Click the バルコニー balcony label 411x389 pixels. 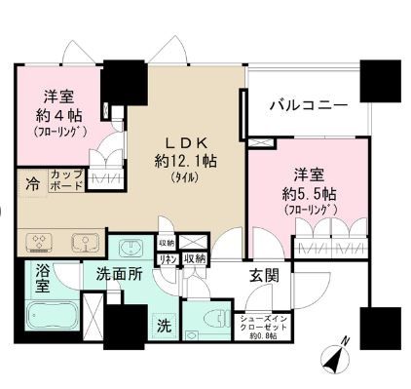307,104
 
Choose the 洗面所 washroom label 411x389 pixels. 118,275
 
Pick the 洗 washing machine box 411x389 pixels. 164,325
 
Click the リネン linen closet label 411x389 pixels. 167,258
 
